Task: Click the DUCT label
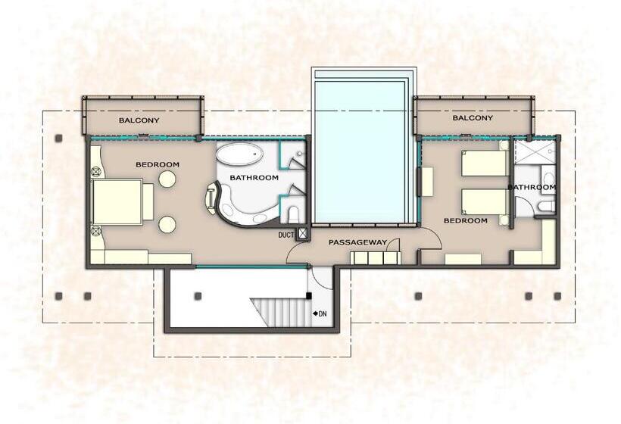tap(286, 235)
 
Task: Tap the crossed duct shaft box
tap(303, 234)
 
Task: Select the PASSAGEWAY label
tap(357, 242)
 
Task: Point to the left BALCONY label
tap(139, 120)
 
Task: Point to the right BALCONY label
tap(473, 117)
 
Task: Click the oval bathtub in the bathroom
tap(240, 154)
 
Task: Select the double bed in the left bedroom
tap(123, 201)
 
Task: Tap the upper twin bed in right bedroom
tap(485, 163)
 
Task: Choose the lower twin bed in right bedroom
tap(485, 202)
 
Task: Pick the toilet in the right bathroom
tap(547, 206)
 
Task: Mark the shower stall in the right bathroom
tap(534, 151)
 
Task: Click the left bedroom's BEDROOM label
tap(158, 164)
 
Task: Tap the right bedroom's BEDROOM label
tap(465, 220)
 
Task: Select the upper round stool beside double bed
tap(167, 179)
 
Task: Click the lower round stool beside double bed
tap(167, 224)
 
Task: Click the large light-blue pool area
tap(360, 151)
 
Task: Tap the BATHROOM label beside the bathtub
tap(254, 178)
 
